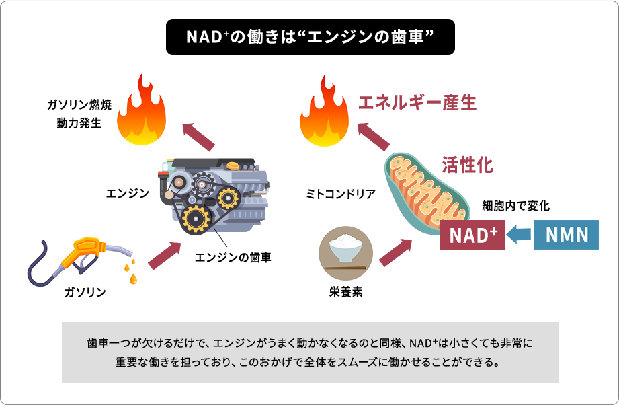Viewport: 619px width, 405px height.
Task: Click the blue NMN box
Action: click(x=565, y=234)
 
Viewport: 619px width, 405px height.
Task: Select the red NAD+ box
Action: click(x=472, y=234)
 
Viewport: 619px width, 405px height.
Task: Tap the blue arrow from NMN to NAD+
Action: click(x=519, y=235)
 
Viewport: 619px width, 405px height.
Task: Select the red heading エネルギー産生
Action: click(x=417, y=102)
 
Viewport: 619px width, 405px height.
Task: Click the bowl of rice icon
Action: click(x=344, y=250)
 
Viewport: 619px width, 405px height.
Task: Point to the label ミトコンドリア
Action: click(x=341, y=194)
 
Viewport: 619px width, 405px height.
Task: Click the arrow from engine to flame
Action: click(x=199, y=136)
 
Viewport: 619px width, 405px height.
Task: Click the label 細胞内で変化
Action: click(x=516, y=206)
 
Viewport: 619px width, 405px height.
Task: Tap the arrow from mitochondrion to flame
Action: click(x=373, y=136)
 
